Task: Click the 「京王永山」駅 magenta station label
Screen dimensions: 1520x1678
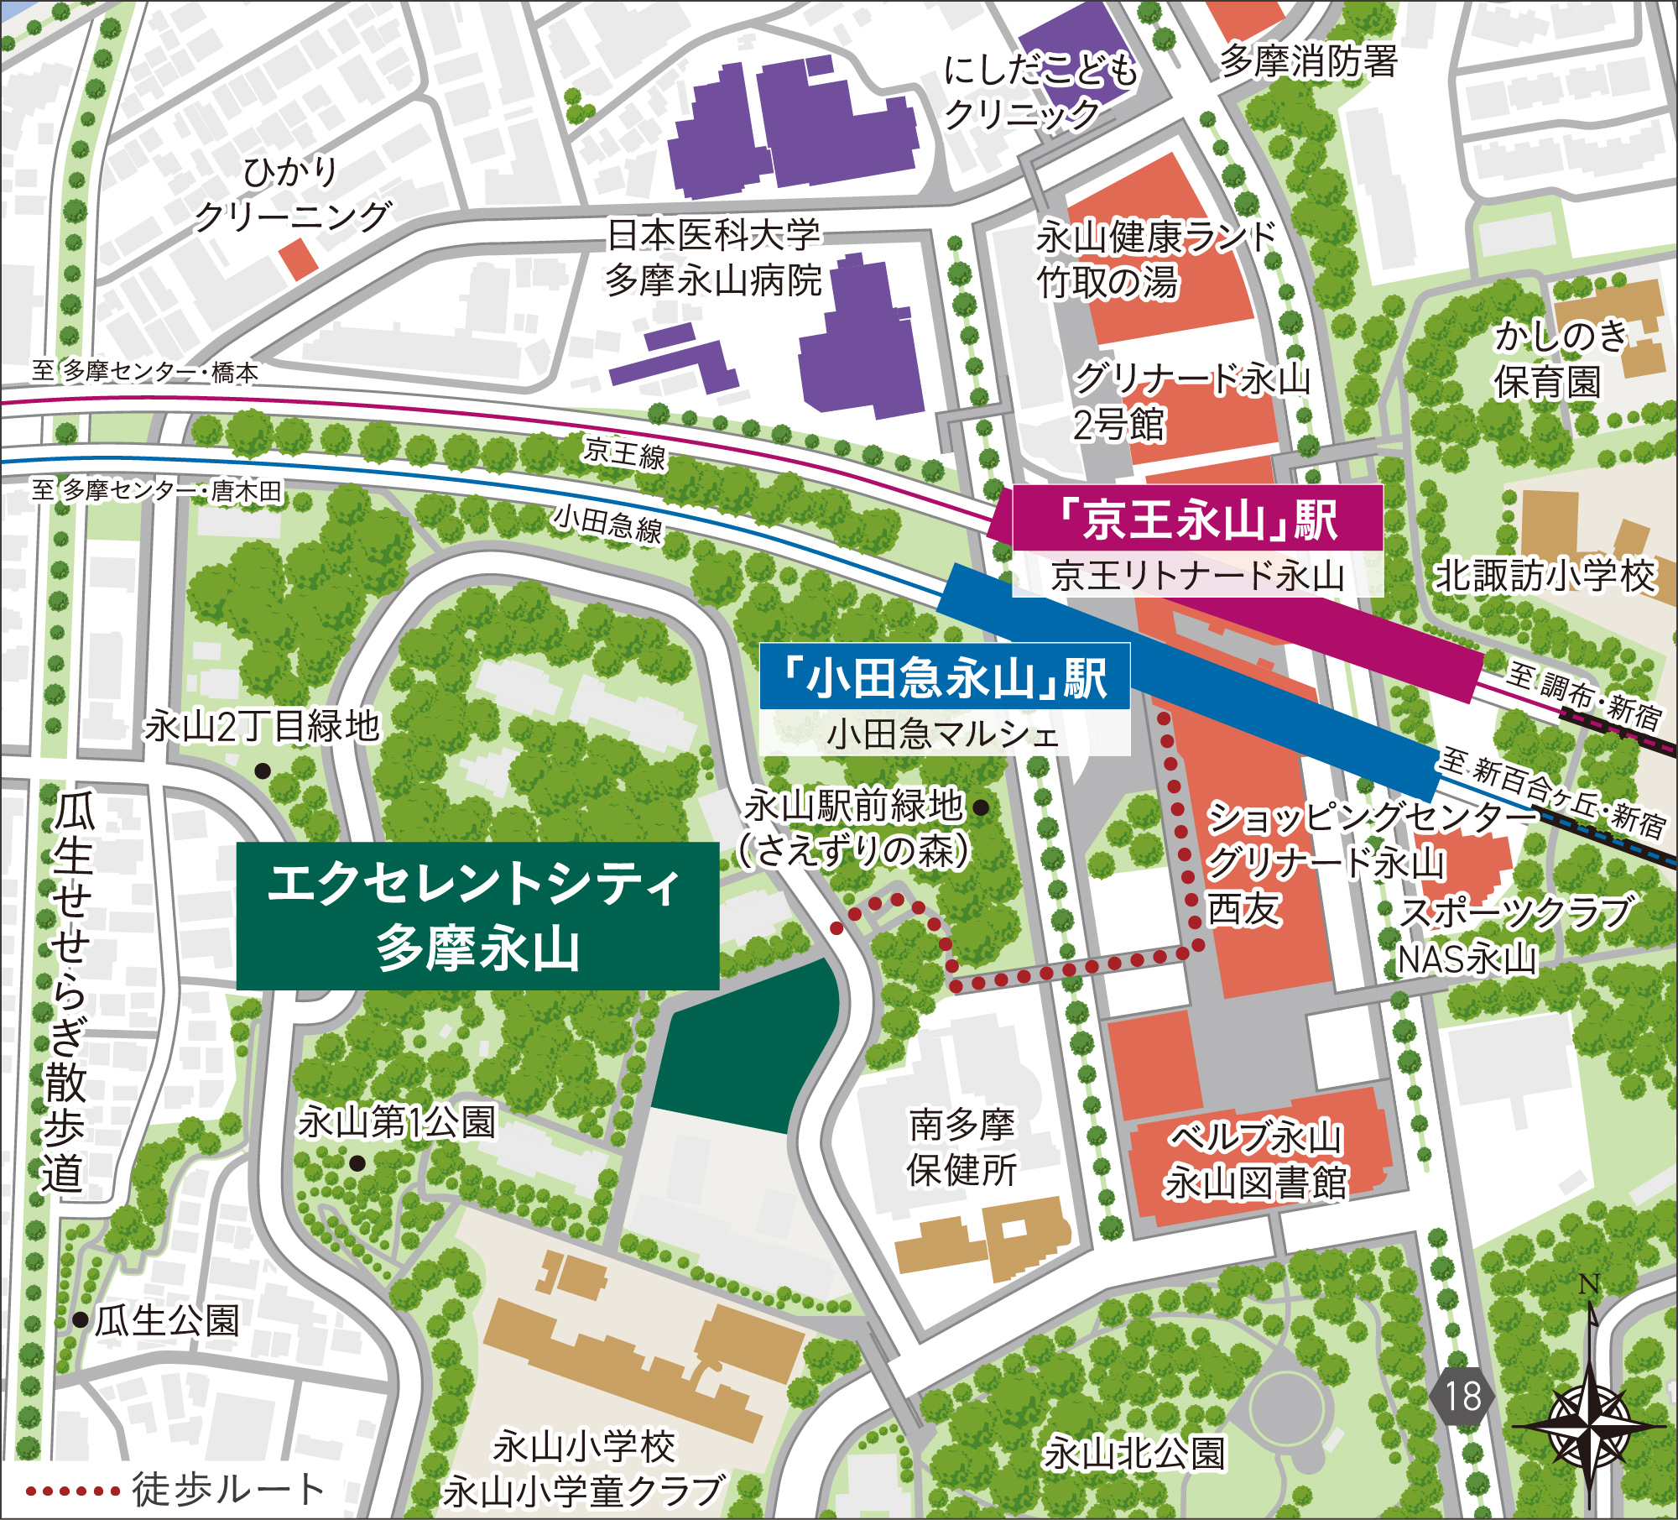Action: pyautogui.click(x=1197, y=519)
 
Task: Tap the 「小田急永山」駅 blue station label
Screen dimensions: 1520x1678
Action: pyautogui.click(x=944, y=677)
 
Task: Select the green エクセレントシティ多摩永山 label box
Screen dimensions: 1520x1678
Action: pyautogui.click(x=477, y=916)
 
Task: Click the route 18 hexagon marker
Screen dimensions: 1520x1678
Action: pyautogui.click(x=1462, y=1397)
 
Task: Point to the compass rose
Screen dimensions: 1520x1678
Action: pyautogui.click(x=1588, y=1424)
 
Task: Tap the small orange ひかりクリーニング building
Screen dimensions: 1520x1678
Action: pyautogui.click(x=299, y=259)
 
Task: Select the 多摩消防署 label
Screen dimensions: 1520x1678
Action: pyautogui.click(x=1308, y=60)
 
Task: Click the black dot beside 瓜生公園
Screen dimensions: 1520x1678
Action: pyautogui.click(x=81, y=1320)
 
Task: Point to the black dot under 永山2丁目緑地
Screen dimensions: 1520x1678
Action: pyautogui.click(x=263, y=770)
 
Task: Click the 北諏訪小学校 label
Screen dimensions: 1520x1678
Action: pyautogui.click(x=1544, y=576)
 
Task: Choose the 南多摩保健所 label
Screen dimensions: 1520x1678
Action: pyautogui.click(x=962, y=1147)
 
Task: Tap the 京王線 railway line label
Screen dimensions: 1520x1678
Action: pyautogui.click(x=625, y=454)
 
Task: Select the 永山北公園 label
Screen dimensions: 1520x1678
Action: pyautogui.click(x=1133, y=1453)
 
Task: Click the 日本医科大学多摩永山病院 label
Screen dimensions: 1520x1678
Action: pyautogui.click(x=713, y=258)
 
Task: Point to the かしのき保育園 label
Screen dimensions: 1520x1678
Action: pyautogui.click(x=1559, y=359)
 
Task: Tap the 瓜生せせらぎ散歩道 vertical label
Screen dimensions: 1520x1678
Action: pyautogui.click(x=69, y=990)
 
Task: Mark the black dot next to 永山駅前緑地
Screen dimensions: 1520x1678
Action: pyautogui.click(x=981, y=808)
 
